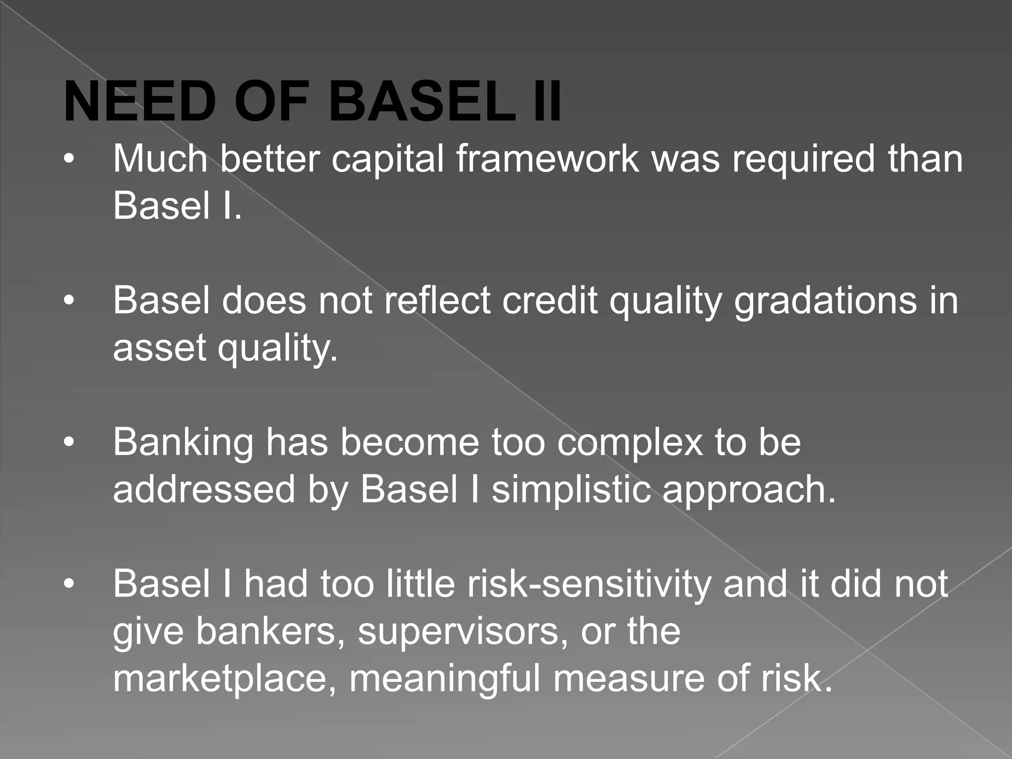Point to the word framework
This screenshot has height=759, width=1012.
[x=548, y=160]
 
